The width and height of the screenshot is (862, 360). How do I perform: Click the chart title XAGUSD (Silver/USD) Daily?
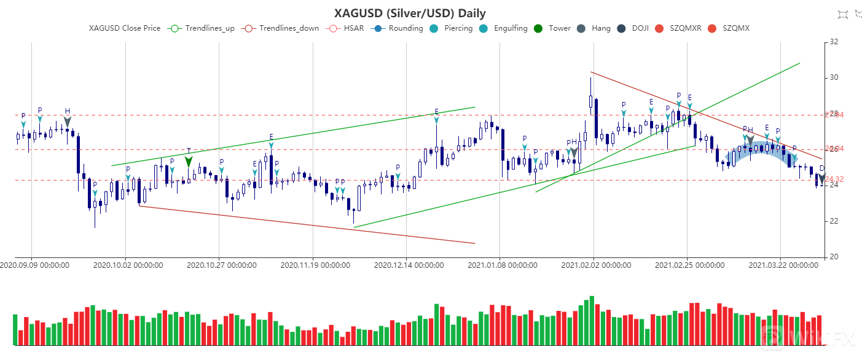point(410,13)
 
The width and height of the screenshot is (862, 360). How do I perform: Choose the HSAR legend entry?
point(346,28)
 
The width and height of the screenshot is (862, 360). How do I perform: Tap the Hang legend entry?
point(594,28)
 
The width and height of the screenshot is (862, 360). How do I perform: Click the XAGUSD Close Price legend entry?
point(125,28)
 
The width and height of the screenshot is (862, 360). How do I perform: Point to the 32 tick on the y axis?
point(834,42)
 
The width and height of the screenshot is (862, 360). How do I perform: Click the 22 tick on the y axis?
point(834,221)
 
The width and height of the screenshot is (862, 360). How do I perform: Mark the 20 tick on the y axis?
point(834,257)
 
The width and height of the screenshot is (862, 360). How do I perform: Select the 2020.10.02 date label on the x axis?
point(128,265)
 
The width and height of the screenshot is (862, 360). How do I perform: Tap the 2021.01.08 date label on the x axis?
point(503,265)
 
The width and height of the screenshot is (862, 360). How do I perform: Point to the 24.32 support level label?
point(834,180)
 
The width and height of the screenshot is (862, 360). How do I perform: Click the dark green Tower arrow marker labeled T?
point(189,161)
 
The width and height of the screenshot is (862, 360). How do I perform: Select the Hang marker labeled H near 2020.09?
point(68,121)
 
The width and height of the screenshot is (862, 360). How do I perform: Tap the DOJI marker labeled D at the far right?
point(822,178)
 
